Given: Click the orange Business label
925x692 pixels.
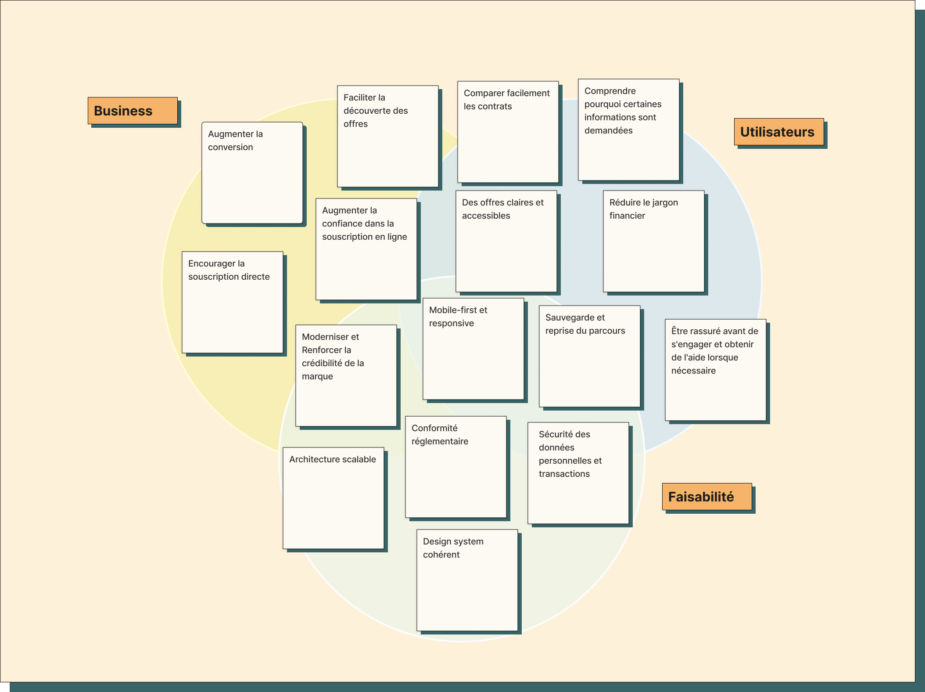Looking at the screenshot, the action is coord(133,111).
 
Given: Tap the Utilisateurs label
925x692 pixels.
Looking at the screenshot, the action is coord(779,132).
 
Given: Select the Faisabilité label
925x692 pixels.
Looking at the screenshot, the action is coord(707,497).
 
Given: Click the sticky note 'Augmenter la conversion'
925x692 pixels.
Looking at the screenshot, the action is coord(252,173).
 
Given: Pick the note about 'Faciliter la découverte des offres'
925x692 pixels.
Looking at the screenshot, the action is coord(388,136).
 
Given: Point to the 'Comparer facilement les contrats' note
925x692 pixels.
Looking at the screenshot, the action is coord(508,132).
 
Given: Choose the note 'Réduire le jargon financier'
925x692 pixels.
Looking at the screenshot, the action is coord(654,241).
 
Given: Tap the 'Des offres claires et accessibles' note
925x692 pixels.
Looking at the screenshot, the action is coord(506,241).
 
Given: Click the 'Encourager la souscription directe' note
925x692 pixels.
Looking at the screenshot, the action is coord(233,302).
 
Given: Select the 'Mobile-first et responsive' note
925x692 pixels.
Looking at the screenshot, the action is coord(473,349).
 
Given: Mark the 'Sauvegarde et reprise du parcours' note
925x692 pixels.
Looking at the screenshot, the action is coord(590,356).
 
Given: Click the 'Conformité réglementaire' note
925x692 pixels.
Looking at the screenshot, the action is coord(456,467).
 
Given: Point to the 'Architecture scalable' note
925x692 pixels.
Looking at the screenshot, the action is coord(333,498).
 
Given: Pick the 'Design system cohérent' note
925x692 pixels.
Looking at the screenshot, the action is coord(467,580).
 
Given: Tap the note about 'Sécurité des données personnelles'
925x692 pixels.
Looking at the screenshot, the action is coord(578,473).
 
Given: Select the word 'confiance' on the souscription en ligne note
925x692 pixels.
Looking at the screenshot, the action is coord(341,223).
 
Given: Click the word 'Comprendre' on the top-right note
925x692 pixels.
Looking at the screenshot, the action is coord(610,91).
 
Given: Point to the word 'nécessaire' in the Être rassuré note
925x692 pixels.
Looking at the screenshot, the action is coord(693,371).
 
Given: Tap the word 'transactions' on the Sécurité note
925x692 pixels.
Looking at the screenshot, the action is coord(564,474).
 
